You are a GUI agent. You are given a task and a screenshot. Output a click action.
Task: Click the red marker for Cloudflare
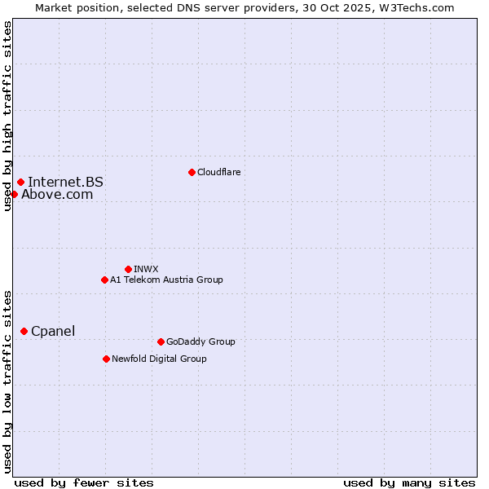coord(192,172)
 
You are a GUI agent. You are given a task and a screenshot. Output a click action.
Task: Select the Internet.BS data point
coord(20,183)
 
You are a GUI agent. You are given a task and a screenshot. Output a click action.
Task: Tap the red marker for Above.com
coord(14,194)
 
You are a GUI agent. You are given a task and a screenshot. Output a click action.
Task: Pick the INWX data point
coord(128,269)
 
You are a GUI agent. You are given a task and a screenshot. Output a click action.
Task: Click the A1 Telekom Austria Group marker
coord(104,280)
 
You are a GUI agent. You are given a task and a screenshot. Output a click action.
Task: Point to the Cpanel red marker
coord(24,331)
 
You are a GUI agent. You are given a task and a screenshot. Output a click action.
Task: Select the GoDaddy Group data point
coord(161,341)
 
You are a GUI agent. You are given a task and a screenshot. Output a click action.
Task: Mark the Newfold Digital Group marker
coord(106,359)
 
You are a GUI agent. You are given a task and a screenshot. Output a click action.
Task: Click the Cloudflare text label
coord(218,172)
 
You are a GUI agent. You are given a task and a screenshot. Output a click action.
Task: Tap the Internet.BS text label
coord(65,183)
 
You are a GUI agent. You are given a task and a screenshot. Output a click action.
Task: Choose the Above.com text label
coord(57,194)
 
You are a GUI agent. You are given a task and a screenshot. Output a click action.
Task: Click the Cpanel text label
coord(53,331)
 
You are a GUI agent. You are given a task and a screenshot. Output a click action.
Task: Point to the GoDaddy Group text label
coord(200,341)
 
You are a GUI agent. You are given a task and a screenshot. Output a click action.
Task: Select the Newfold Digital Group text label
coord(159,359)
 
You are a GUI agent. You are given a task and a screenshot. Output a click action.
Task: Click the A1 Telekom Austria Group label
coord(166,280)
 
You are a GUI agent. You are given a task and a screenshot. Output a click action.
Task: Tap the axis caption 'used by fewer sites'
coord(84,482)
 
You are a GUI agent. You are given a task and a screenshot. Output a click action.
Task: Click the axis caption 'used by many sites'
coord(409,482)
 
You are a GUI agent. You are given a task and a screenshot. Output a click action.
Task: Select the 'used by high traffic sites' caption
coord(7,116)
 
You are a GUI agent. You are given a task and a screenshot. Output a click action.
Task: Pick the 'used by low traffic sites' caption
coord(7,381)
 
